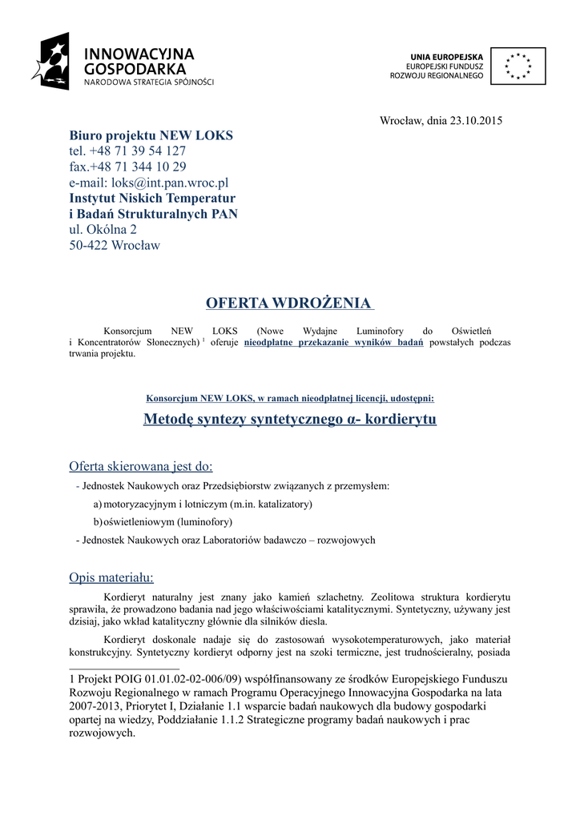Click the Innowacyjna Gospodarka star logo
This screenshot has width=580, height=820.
[x=51, y=61]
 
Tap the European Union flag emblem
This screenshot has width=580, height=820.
[x=518, y=66]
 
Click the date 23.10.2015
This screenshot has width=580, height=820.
[x=475, y=120]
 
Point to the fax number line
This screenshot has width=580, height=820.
[x=127, y=167]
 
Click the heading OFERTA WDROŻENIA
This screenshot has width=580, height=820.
[x=289, y=303]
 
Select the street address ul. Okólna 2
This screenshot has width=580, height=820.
[x=103, y=229]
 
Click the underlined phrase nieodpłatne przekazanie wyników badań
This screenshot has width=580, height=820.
[x=333, y=343]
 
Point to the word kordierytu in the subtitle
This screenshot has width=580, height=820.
[x=400, y=420]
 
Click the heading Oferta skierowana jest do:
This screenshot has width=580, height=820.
[x=141, y=466]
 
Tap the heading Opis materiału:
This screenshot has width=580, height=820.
[x=111, y=577]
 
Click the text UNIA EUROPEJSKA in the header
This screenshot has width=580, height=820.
[x=447, y=57]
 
